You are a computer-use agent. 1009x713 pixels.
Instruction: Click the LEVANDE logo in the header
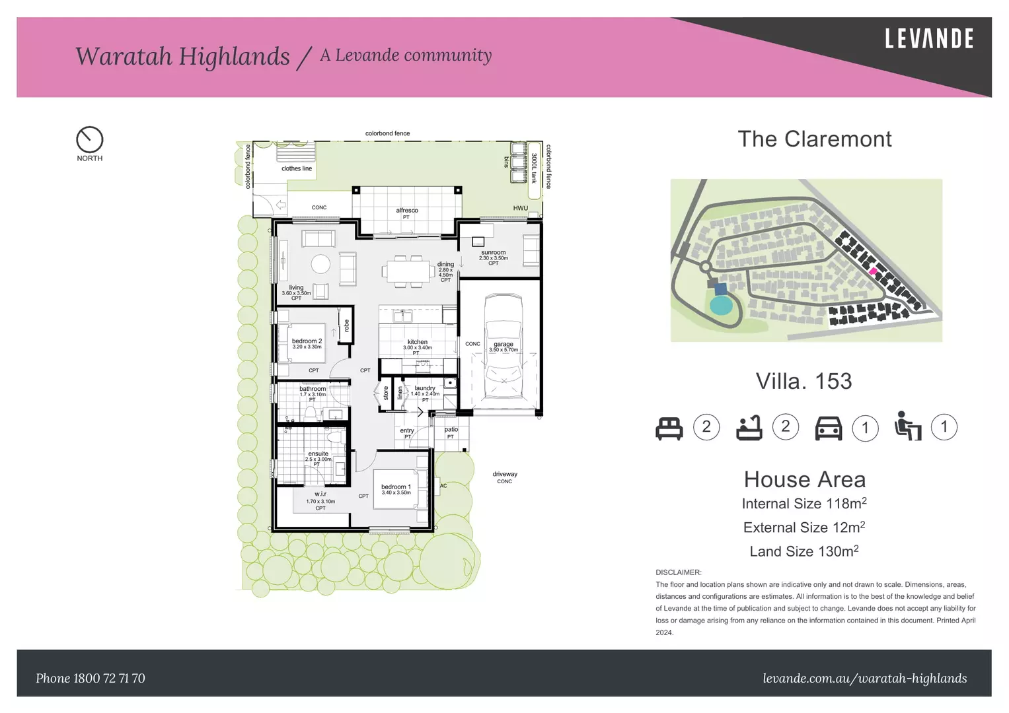click(x=928, y=39)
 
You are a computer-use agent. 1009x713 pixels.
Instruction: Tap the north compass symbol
click(x=89, y=140)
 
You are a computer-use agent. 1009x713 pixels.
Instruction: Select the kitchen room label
click(x=417, y=342)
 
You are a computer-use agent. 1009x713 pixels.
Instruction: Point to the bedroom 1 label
click(x=396, y=487)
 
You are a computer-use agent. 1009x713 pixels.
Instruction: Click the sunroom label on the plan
click(x=493, y=253)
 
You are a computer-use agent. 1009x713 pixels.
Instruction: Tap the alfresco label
click(x=406, y=211)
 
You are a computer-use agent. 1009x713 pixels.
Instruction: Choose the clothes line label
click(x=296, y=168)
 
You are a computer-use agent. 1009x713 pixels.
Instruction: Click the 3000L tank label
click(x=534, y=169)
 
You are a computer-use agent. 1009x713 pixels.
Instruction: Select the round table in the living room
click(x=320, y=264)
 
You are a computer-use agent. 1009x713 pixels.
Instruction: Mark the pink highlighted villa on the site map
click(x=873, y=271)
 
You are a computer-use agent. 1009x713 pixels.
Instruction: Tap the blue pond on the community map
click(x=720, y=306)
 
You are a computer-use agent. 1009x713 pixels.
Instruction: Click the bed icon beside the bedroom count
click(x=669, y=428)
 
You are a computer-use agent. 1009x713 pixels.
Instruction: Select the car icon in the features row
click(x=828, y=428)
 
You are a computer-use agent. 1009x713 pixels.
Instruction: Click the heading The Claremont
click(x=814, y=139)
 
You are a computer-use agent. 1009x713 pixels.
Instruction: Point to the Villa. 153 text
click(x=803, y=382)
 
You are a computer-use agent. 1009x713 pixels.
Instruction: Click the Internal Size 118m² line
click(x=803, y=504)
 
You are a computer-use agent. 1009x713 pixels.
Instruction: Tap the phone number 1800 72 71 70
click(x=91, y=678)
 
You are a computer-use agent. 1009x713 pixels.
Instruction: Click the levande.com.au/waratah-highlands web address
click(x=864, y=678)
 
